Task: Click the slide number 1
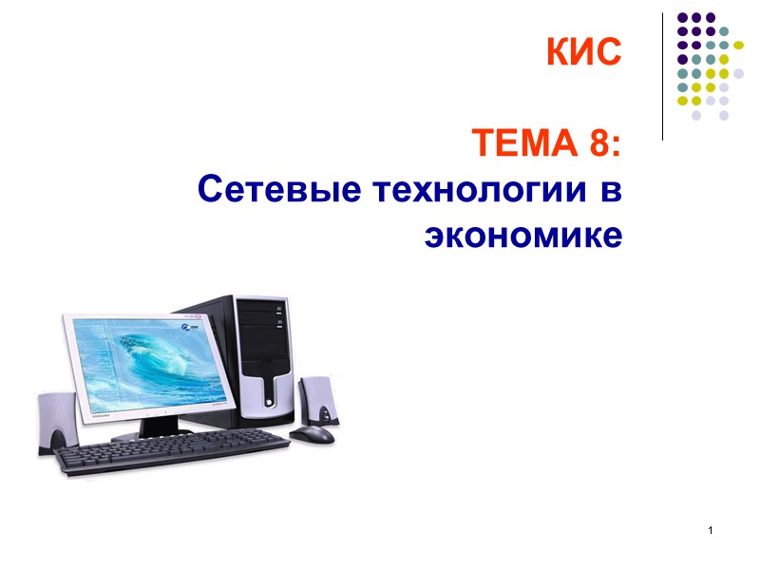[x=710, y=528]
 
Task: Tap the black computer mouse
[x=312, y=434]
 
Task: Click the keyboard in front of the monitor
[x=171, y=456]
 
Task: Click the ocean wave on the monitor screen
[x=161, y=362]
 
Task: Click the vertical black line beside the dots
[x=662, y=76]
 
